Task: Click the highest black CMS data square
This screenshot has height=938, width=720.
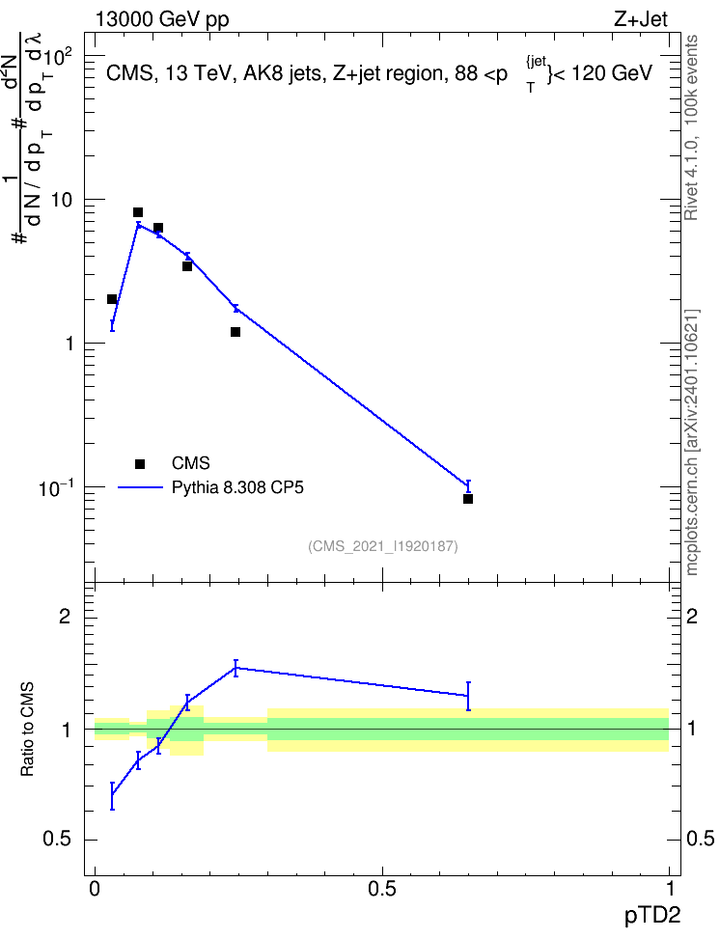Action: coord(138,212)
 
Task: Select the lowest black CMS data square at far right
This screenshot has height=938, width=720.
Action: coord(468,499)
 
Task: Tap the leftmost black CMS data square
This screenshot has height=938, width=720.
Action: coord(112,299)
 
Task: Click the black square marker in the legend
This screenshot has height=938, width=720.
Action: coord(140,463)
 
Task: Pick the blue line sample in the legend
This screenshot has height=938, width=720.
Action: coord(140,487)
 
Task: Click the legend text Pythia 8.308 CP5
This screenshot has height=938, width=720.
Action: coord(237,487)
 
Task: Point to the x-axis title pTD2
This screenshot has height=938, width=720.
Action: coord(652,916)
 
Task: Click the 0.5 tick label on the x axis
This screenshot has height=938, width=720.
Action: coord(382,889)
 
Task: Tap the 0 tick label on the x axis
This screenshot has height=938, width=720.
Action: coord(95,889)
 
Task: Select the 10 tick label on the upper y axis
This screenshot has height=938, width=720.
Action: coord(62,200)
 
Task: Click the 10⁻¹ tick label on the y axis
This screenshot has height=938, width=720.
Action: coord(56,487)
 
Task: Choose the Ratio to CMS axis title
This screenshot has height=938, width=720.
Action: coord(27,730)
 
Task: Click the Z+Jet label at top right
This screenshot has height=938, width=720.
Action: coord(641,19)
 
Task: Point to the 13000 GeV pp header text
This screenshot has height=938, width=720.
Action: coord(162,19)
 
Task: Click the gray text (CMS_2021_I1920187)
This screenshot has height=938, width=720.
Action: coord(383,546)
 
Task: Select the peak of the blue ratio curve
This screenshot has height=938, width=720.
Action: coord(235,668)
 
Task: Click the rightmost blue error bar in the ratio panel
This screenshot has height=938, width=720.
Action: coord(468,696)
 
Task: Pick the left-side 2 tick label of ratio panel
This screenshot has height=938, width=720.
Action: coord(65,616)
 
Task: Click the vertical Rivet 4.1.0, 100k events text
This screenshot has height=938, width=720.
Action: coord(691,127)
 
